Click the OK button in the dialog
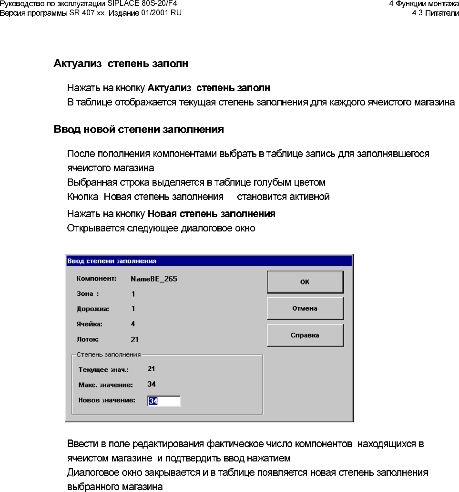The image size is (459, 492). [305, 282]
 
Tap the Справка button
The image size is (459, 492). [305, 335]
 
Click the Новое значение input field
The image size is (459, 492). [164, 401]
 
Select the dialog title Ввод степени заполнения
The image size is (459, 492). [112, 261]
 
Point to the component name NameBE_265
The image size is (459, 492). [154, 279]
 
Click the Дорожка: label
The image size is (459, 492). [93, 309]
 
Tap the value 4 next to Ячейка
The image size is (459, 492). [133, 324]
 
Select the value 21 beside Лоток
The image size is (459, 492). [135, 339]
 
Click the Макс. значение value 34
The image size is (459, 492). [152, 384]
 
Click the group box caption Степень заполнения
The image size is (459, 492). [109, 355]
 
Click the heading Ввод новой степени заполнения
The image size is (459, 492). [139, 130]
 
